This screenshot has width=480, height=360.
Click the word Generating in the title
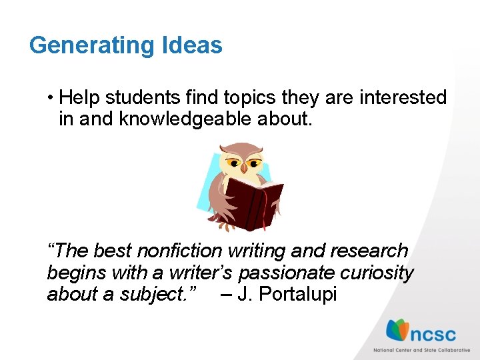tap(91, 45)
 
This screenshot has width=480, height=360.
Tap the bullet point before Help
tap(51, 98)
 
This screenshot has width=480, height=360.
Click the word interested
tap(403, 97)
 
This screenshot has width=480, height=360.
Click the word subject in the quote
tap(158, 294)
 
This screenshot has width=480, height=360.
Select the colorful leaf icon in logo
tap(398, 330)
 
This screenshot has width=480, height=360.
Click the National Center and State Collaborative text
tap(421, 350)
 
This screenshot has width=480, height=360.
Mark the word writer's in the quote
tap(201, 273)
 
